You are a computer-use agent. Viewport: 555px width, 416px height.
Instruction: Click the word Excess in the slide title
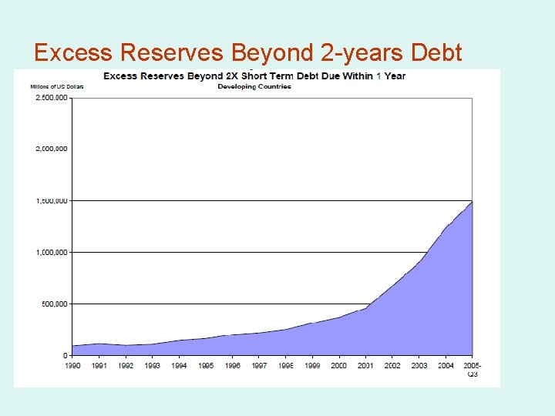click(73, 52)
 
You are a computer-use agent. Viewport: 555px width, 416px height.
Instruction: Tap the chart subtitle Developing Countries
click(254, 86)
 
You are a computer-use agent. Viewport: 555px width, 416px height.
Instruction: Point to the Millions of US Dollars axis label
click(56, 86)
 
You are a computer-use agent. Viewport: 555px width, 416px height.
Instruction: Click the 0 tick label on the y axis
click(65, 355)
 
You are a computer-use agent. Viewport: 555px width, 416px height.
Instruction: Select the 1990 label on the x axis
click(72, 365)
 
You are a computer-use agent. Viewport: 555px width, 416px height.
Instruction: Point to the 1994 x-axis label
click(179, 365)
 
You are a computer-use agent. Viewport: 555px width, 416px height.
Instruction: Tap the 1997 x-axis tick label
click(259, 365)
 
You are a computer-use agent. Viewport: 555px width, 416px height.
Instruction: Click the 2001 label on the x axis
click(365, 365)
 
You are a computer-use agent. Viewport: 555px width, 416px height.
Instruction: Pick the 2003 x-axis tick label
click(419, 365)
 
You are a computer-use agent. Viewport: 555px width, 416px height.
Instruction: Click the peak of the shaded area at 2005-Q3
click(472, 202)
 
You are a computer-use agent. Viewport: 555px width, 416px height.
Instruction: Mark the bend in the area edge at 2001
click(365, 308)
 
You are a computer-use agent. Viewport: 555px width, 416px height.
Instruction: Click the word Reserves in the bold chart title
click(163, 76)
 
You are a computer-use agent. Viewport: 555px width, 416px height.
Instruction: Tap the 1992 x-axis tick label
click(126, 365)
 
